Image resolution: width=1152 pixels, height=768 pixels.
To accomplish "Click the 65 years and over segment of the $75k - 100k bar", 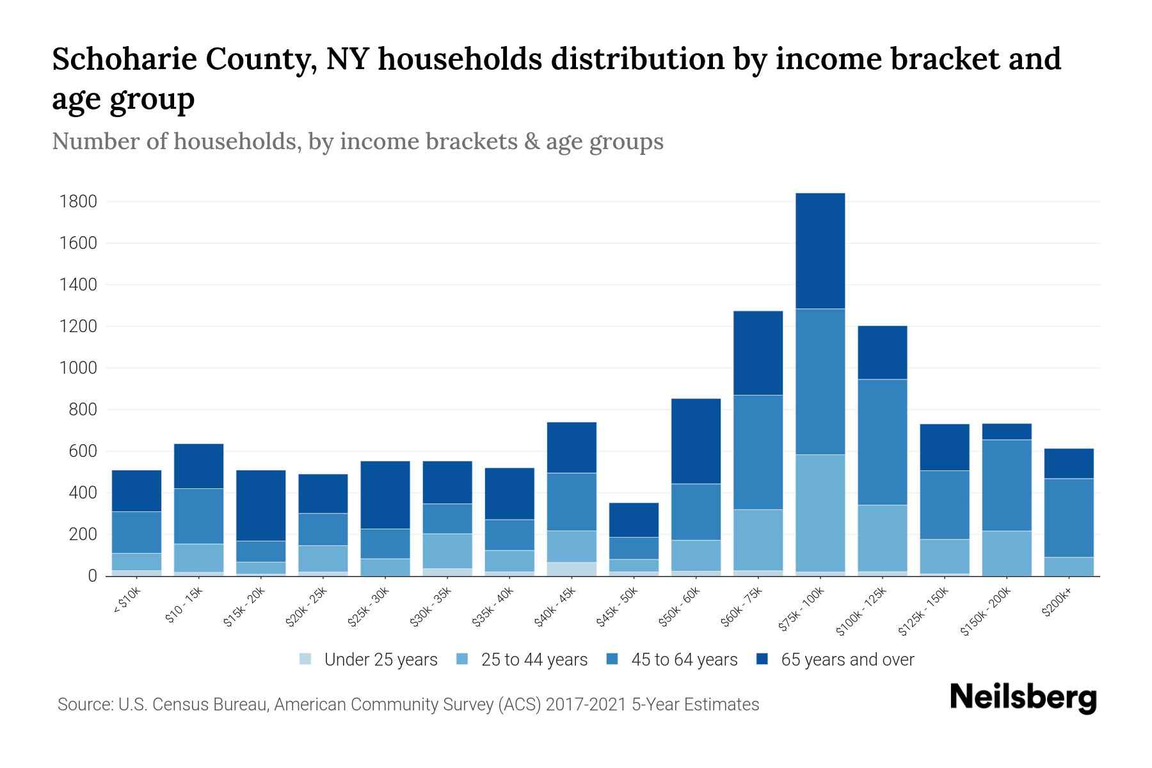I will (x=820, y=251).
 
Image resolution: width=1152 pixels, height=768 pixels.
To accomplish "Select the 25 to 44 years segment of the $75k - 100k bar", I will (x=820, y=513).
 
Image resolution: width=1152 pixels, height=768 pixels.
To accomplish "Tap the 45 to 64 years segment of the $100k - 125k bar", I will (x=882, y=442).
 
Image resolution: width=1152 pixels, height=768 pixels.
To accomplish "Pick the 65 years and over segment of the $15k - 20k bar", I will (x=260, y=506).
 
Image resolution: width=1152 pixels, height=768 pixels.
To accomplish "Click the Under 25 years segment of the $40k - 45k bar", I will (x=572, y=569).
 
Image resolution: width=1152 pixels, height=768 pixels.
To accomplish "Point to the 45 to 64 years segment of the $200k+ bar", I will (x=1069, y=518).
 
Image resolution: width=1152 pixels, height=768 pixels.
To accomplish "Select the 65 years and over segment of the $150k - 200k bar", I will (x=1007, y=432).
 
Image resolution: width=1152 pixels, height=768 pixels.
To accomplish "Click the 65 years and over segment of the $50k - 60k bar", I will (x=696, y=441).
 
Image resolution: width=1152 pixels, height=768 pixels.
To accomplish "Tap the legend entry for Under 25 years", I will (x=369, y=660).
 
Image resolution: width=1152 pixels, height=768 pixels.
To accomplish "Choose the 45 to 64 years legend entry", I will (x=672, y=660).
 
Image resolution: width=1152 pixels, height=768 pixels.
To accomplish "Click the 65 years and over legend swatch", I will (x=762, y=660).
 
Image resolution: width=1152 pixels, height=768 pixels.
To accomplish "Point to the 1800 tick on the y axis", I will (x=78, y=202).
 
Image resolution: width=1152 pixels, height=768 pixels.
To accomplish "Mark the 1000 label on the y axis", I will (x=78, y=369).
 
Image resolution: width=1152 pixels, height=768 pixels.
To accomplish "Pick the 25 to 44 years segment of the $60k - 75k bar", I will (x=758, y=540).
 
